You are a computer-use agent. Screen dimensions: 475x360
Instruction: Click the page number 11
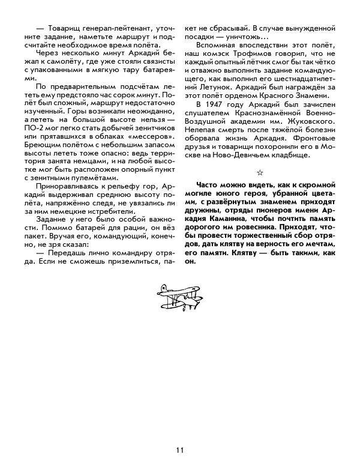[x=180, y=450]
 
